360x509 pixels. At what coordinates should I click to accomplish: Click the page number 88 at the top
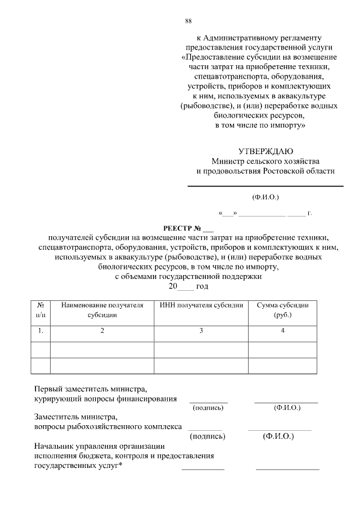tap(188, 21)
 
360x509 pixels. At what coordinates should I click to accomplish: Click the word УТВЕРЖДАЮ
tap(265, 151)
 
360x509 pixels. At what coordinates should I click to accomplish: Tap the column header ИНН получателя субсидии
tap(201, 305)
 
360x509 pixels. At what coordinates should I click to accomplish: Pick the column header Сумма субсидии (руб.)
tap(282, 310)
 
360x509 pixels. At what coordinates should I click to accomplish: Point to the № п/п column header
tap(40, 310)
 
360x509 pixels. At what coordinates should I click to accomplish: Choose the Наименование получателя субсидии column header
tap(102, 310)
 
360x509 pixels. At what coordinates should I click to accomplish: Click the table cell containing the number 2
tap(102, 331)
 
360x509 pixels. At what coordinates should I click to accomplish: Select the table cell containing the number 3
tap(201, 331)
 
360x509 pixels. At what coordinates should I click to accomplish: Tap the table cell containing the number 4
tap(282, 331)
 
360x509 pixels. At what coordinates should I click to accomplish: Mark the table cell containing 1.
tap(40, 331)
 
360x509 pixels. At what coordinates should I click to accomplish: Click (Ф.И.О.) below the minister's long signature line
tap(265, 197)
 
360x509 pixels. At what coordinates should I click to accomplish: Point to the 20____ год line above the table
tap(188, 286)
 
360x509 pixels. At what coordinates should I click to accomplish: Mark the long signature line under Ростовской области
tap(265, 186)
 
